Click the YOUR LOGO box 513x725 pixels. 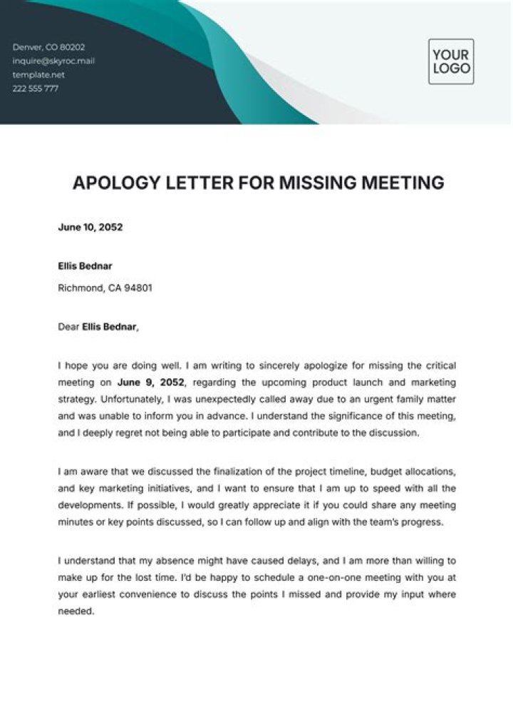coord(451,61)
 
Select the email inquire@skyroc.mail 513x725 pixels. coord(53,61)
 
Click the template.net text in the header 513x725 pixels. coord(38,74)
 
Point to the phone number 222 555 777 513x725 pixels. coord(36,88)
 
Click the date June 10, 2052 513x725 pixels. coord(90,228)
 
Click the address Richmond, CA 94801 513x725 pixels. coord(105,288)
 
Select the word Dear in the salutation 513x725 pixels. coord(68,328)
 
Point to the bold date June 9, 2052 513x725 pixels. coord(150,381)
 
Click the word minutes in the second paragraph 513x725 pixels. coord(75,522)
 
